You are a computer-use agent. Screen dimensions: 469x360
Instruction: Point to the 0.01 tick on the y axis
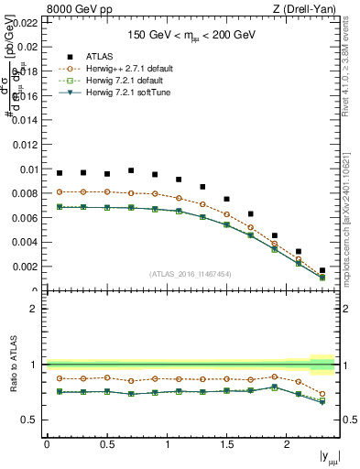(27, 169)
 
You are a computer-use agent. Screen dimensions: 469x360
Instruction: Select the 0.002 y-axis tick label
(25, 267)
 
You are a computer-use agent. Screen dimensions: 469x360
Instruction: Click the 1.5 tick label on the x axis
(227, 444)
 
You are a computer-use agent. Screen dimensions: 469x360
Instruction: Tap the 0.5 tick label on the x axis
(107, 444)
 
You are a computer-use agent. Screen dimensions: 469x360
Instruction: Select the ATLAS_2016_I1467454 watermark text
(191, 274)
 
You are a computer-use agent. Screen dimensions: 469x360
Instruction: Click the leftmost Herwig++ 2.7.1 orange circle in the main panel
(60, 191)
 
